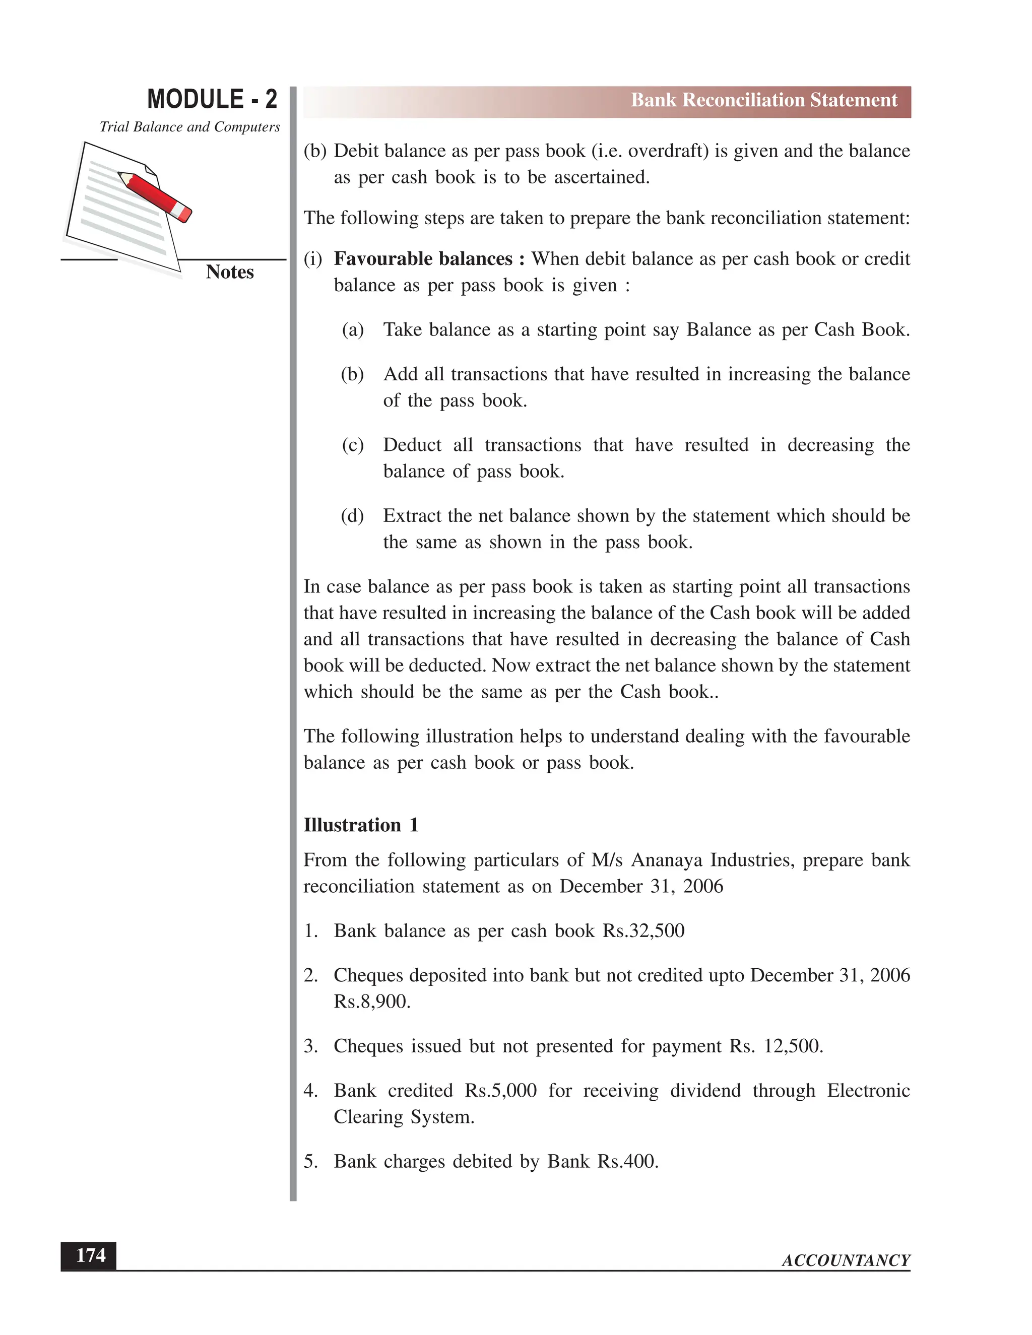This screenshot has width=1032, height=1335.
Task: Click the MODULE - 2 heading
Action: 212,99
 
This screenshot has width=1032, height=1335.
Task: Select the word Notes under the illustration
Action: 229,272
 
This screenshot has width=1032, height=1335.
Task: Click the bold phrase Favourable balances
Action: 429,259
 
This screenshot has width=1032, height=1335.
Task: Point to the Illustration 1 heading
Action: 361,825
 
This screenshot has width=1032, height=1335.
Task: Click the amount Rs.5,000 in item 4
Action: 500,1091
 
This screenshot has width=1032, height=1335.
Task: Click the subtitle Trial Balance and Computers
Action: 189,127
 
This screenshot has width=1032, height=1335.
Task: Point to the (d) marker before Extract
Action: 352,516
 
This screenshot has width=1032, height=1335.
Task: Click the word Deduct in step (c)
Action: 412,445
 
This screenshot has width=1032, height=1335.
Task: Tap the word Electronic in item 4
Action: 868,1091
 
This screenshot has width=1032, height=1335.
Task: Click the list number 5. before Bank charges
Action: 310,1161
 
